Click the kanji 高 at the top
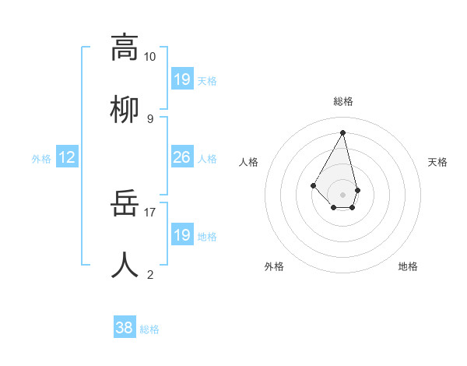[125, 48]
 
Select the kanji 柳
[125, 108]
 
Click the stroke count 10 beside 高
[149, 57]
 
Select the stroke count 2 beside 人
[149, 274]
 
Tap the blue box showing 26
[182, 158]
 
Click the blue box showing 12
[67, 158]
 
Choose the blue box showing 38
[125, 329]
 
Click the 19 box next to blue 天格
[182, 79]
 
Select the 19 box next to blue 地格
[182, 235]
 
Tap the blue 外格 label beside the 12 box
[41, 159]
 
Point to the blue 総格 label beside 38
[149, 329]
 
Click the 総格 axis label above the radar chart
[343, 101]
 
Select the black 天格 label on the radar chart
[437, 162]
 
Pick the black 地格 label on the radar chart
[408, 266]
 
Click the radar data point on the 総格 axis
[342, 132]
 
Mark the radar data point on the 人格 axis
[313, 185]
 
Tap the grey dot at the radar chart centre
[342, 195]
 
